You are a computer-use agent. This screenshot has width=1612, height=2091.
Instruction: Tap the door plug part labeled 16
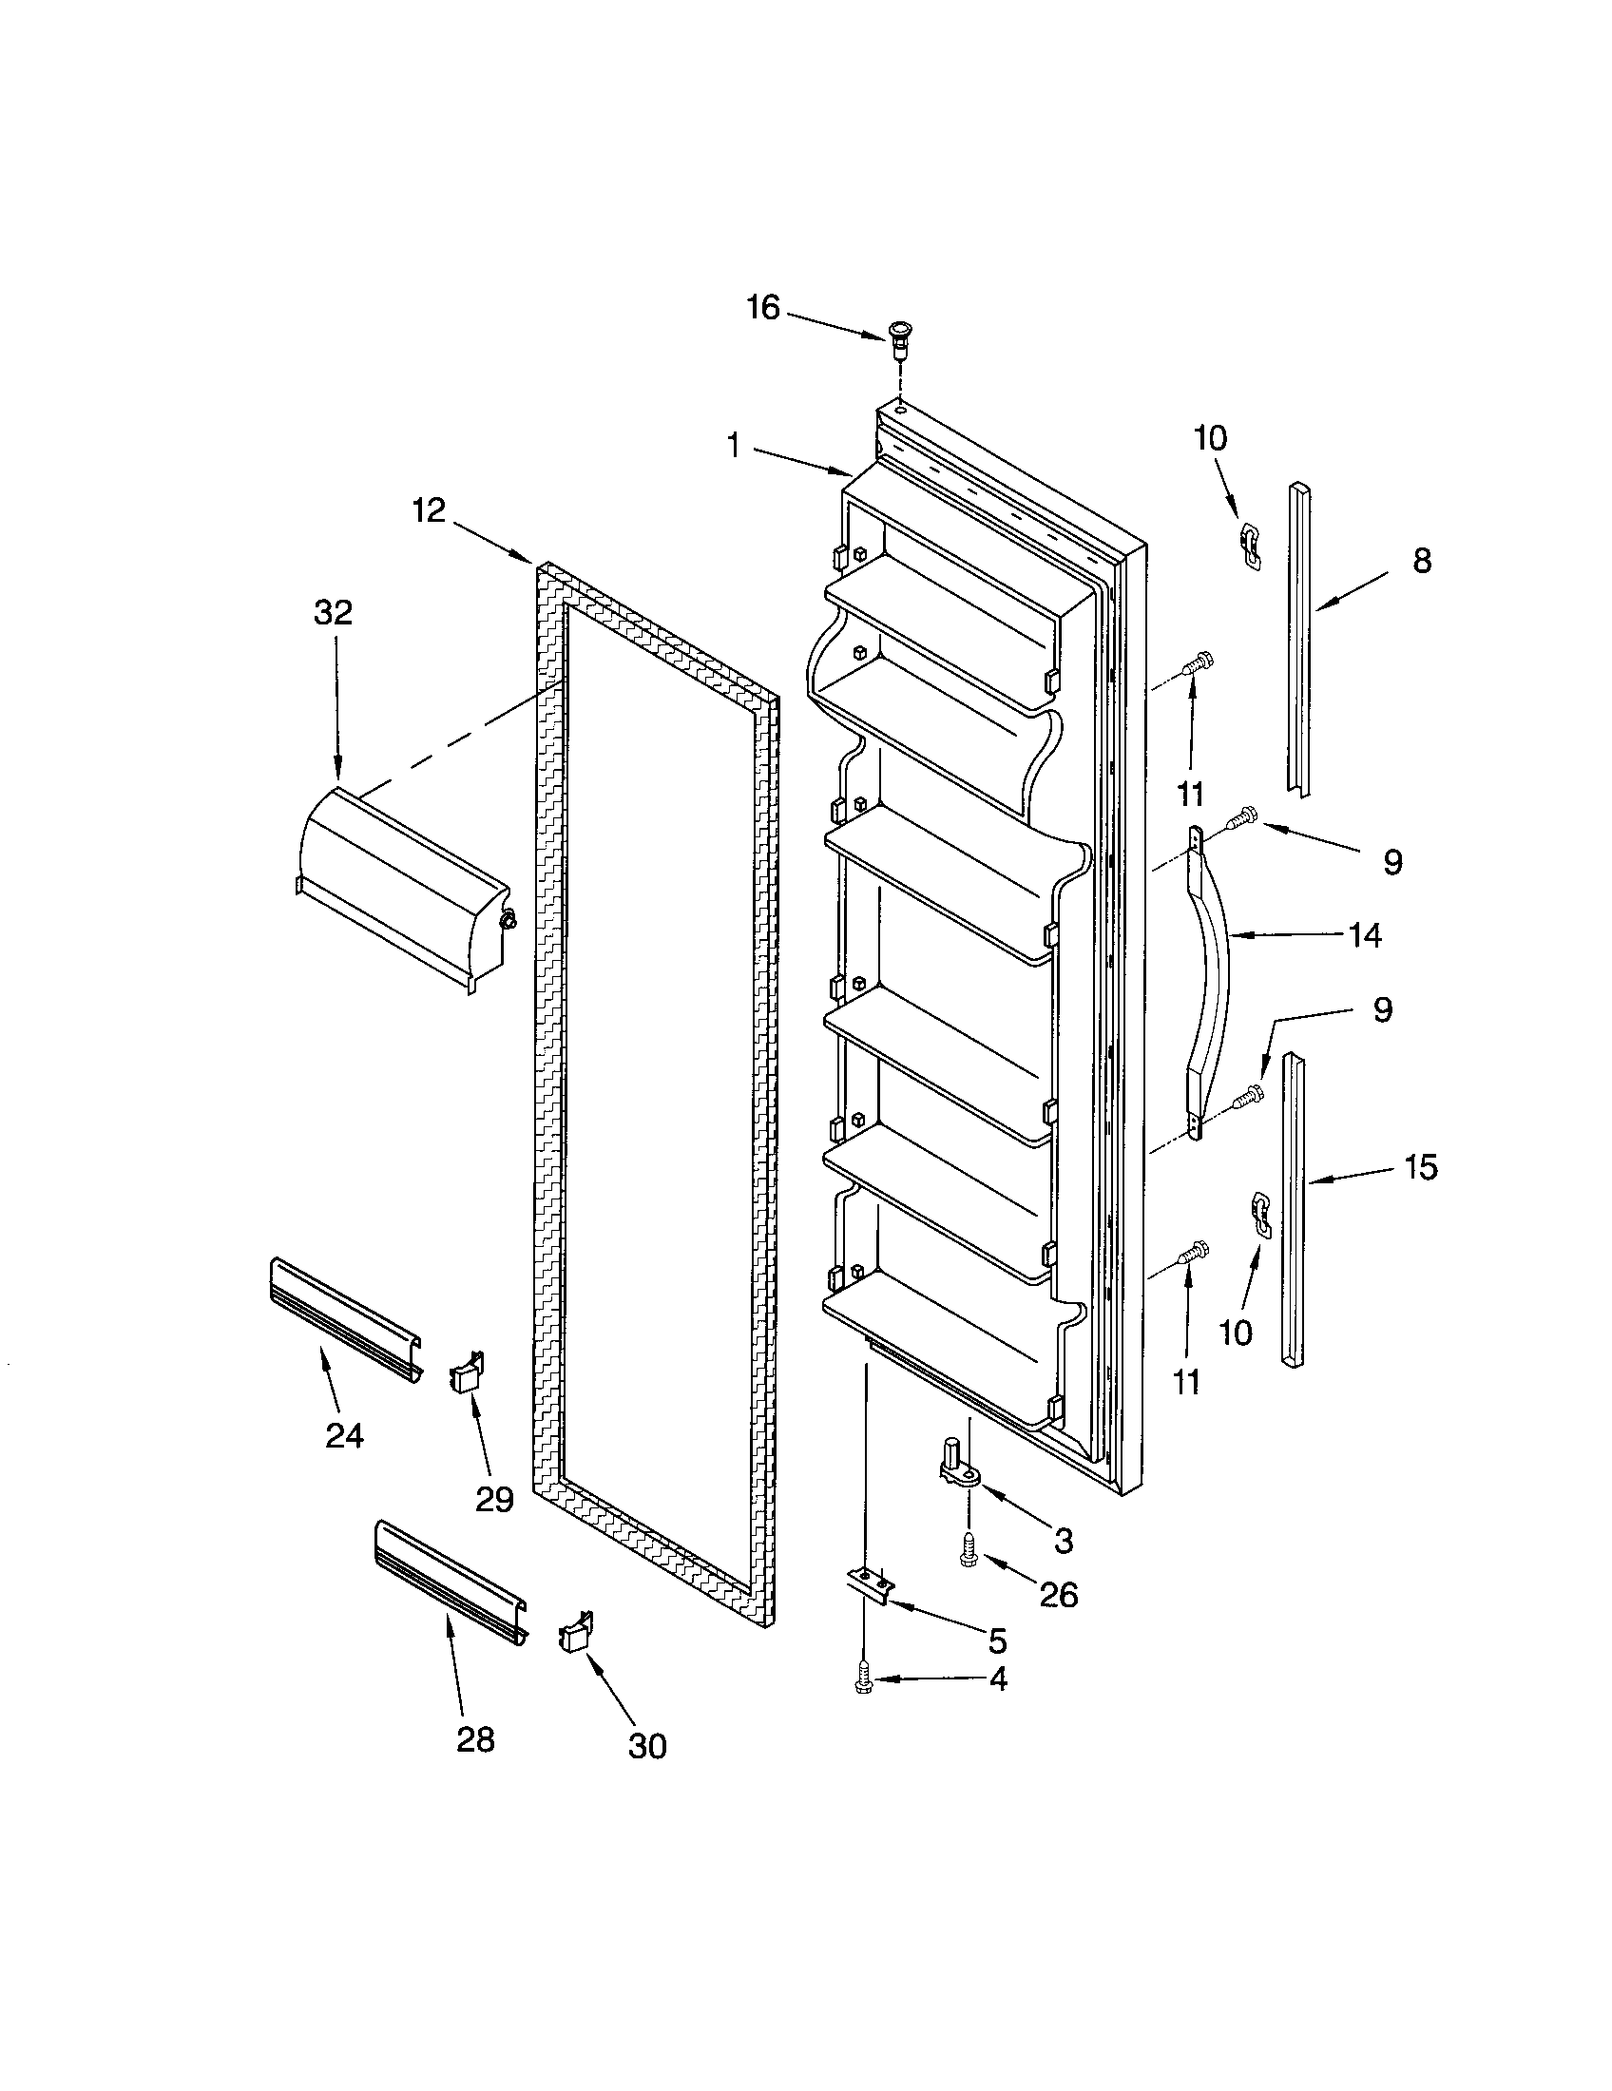[899, 338]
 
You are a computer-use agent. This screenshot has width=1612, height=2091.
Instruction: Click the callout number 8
[1422, 560]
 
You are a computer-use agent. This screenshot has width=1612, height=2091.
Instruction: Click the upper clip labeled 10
[1249, 544]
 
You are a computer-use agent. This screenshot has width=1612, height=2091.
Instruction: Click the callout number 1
[733, 445]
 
